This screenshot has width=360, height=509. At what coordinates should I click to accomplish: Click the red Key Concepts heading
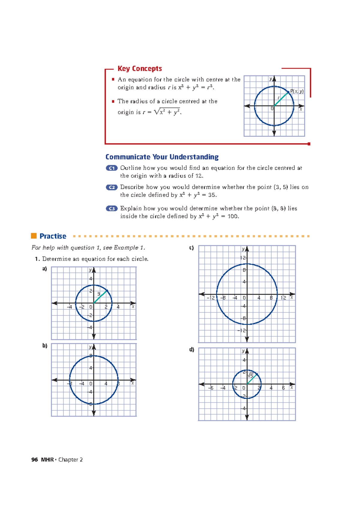[139, 69]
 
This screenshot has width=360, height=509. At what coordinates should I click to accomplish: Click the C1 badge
[112, 168]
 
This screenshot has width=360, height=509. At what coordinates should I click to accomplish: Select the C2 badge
[112, 187]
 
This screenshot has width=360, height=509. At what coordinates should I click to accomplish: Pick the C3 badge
[112, 209]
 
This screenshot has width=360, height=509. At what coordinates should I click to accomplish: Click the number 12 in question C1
[199, 176]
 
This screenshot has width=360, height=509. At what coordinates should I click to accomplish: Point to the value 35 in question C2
[211, 195]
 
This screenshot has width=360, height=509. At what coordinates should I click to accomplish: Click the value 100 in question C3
[232, 216]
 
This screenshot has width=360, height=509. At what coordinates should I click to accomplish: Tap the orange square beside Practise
[34, 236]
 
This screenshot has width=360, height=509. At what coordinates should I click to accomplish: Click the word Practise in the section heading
[53, 236]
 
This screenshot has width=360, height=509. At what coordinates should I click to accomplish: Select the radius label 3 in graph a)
[98, 294]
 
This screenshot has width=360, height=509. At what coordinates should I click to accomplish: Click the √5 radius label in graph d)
[250, 375]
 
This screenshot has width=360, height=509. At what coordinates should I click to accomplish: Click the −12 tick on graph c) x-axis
[211, 298]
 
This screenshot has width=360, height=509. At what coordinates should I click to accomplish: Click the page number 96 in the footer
[34, 460]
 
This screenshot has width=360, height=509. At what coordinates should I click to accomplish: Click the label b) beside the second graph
[45, 346]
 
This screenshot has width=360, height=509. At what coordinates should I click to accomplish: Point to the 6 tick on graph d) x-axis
[283, 388]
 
